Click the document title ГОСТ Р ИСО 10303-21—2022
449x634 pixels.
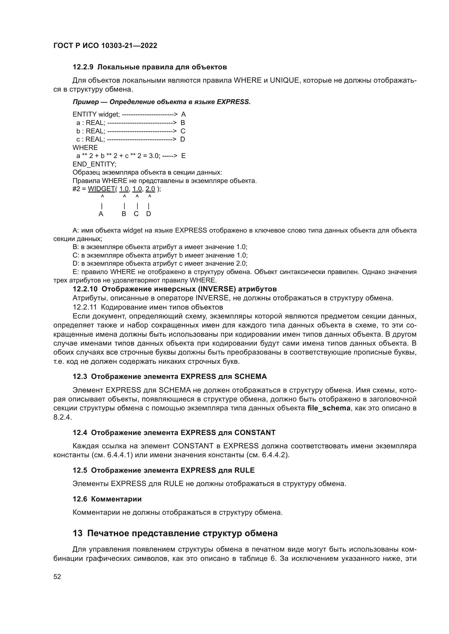tap(105, 46)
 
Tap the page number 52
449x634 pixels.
tap(57, 577)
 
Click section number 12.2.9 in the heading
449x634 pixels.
tap(83, 67)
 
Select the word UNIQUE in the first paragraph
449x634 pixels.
tap(284, 80)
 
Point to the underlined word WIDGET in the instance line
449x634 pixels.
tap(102, 189)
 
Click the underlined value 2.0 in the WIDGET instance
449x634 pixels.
tap(150, 189)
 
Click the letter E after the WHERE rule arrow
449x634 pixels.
tap(184, 156)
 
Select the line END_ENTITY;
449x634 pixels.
tap(94, 164)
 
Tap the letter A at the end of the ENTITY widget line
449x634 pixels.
tap(184, 114)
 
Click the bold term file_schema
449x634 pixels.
tap(329, 408)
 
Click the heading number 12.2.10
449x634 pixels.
tap(85, 289)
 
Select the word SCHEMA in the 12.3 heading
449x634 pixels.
tap(251, 377)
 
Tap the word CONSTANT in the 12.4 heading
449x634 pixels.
tap(255, 433)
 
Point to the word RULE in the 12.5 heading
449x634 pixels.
tap(244, 470)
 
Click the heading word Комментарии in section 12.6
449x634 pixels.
tap(116, 499)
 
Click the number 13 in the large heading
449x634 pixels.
tap(78, 533)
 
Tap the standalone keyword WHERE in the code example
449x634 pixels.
tap(85, 147)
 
